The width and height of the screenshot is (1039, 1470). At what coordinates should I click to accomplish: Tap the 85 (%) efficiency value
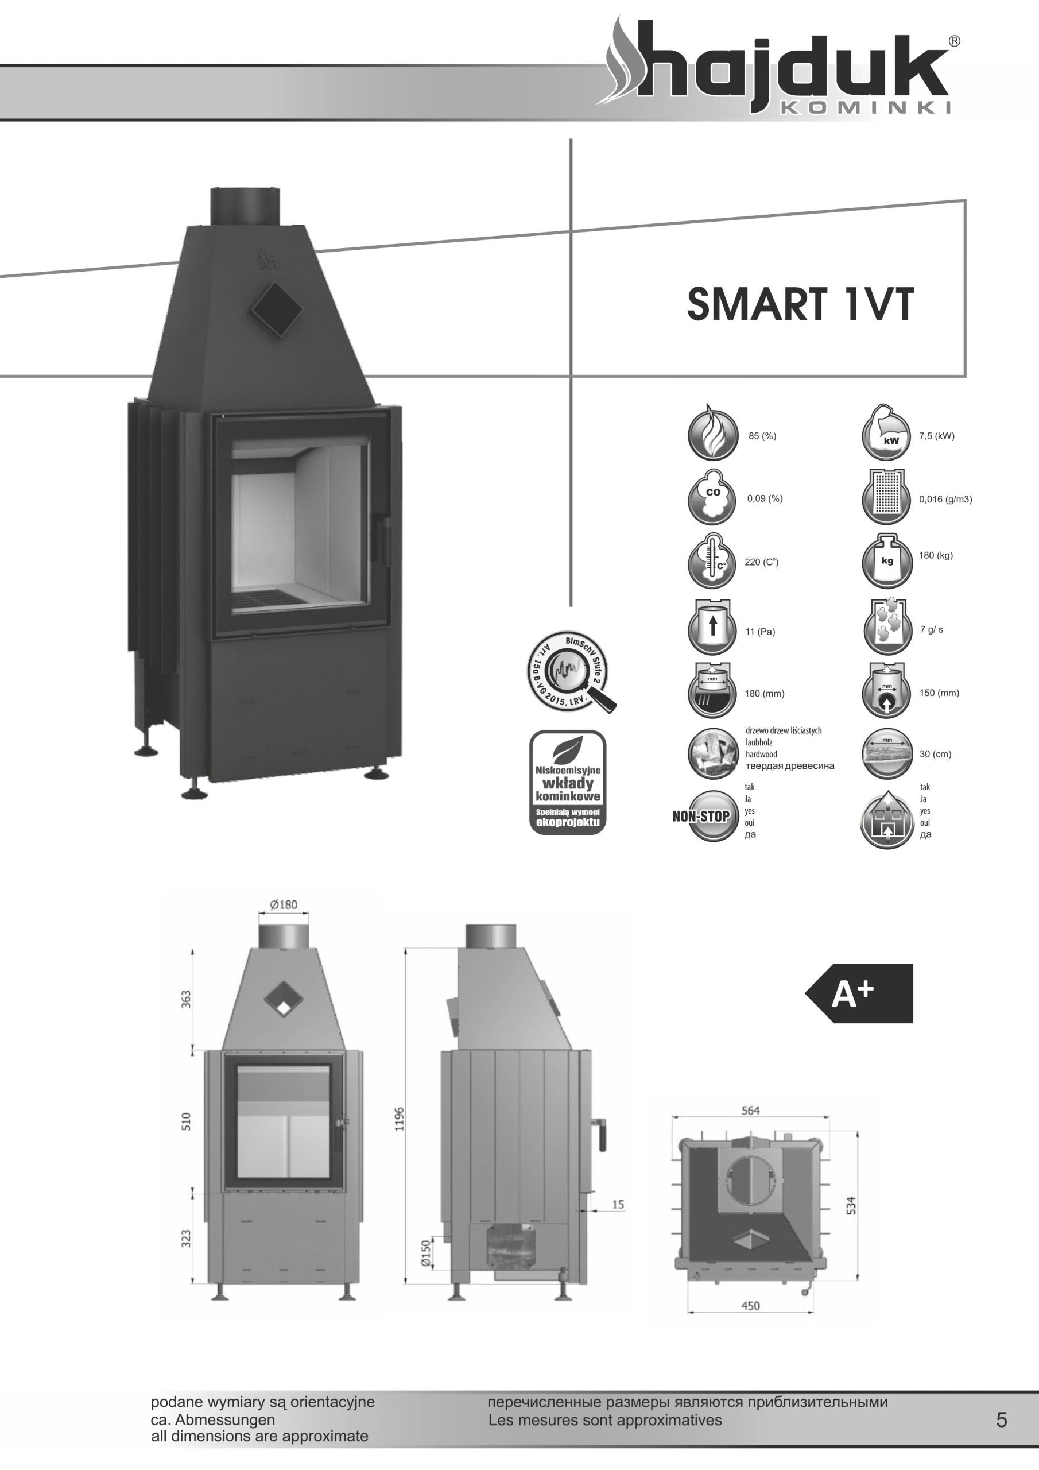click(762, 436)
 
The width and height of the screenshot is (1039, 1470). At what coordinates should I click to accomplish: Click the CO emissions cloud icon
click(712, 498)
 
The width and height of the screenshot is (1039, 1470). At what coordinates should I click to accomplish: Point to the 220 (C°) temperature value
click(761, 562)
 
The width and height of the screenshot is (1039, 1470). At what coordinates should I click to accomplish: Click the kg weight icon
click(887, 561)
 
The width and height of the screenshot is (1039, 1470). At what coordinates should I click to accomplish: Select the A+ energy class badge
click(860, 993)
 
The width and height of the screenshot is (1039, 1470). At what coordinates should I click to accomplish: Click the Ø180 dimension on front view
click(284, 904)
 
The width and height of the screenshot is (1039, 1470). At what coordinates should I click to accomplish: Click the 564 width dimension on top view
click(750, 1111)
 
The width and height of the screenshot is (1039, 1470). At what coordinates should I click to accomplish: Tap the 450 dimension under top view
click(750, 1306)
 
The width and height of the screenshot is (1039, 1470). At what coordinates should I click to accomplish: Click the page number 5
click(1001, 1420)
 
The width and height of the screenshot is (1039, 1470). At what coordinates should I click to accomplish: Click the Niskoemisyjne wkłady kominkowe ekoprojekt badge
click(567, 783)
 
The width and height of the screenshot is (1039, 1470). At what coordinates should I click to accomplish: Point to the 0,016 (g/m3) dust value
click(945, 500)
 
